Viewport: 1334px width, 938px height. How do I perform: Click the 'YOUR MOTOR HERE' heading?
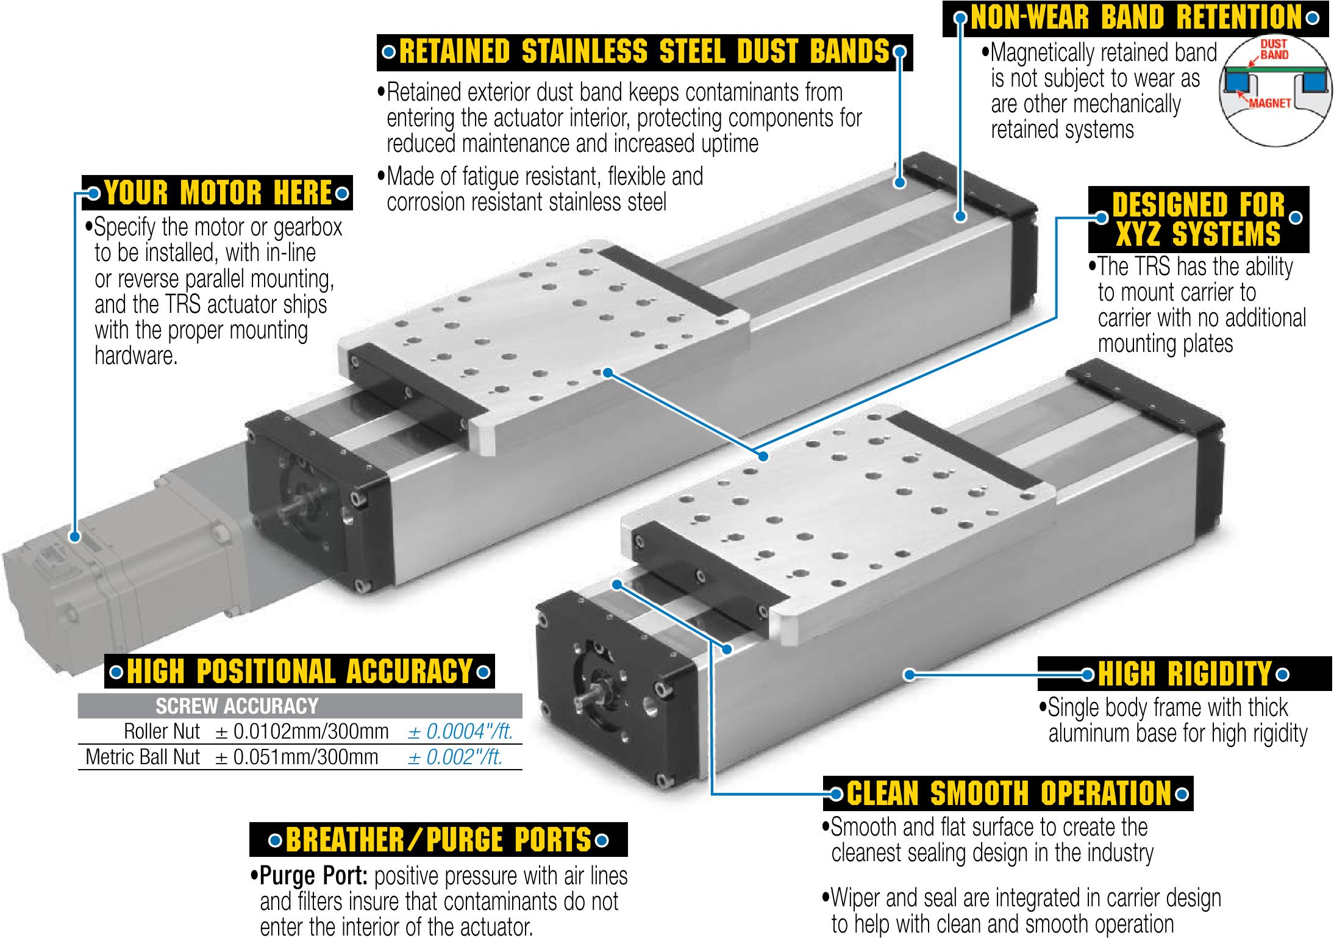[217, 193]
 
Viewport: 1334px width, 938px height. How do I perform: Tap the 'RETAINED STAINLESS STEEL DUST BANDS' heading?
[644, 52]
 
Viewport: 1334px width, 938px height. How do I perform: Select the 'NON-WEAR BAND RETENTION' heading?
[1135, 18]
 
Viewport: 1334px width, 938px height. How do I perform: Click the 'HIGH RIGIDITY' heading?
[1184, 674]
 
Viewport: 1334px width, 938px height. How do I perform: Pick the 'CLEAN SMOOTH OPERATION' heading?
[1008, 793]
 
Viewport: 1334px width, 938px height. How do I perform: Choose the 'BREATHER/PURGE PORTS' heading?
[438, 840]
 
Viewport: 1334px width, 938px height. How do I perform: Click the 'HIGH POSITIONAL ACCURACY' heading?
[299, 671]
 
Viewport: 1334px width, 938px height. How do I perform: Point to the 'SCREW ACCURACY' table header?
[237, 706]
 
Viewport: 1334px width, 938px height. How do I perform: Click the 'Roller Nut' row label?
[162, 731]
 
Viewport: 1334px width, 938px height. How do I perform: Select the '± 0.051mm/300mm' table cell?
[297, 757]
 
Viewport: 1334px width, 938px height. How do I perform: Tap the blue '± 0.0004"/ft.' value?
[460, 731]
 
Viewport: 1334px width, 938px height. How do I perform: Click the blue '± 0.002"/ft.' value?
[455, 757]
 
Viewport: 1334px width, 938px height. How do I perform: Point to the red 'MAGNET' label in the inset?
[1269, 103]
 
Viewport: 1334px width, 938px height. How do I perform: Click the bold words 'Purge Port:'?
[313, 876]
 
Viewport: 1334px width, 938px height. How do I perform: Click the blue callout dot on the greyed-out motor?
[75, 537]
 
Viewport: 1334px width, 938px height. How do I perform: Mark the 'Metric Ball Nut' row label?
[143, 757]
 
